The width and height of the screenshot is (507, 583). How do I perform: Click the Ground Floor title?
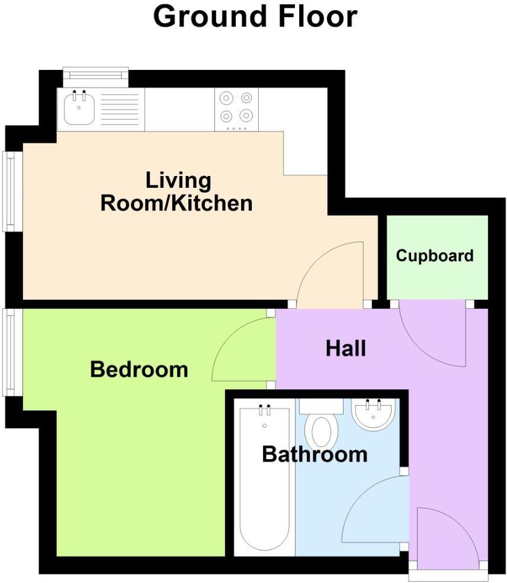tap(255, 17)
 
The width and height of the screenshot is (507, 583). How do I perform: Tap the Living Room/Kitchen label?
tap(177, 192)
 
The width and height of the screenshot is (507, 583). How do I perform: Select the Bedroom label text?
tap(139, 370)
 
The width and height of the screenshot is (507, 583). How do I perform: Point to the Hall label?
tap(346, 349)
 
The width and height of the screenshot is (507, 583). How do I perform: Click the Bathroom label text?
tap(315, 454)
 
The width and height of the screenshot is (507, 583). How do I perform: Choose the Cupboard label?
tap(435, 256)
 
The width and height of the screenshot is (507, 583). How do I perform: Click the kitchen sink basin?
tap(79, 109)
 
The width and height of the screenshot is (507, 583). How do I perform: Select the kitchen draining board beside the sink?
tap(120, 109)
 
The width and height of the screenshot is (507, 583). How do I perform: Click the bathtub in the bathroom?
tap(265, 479)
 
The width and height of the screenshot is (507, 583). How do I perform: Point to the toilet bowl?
tap(322, 432)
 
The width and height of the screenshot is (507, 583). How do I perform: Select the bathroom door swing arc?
tap(359, 496)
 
